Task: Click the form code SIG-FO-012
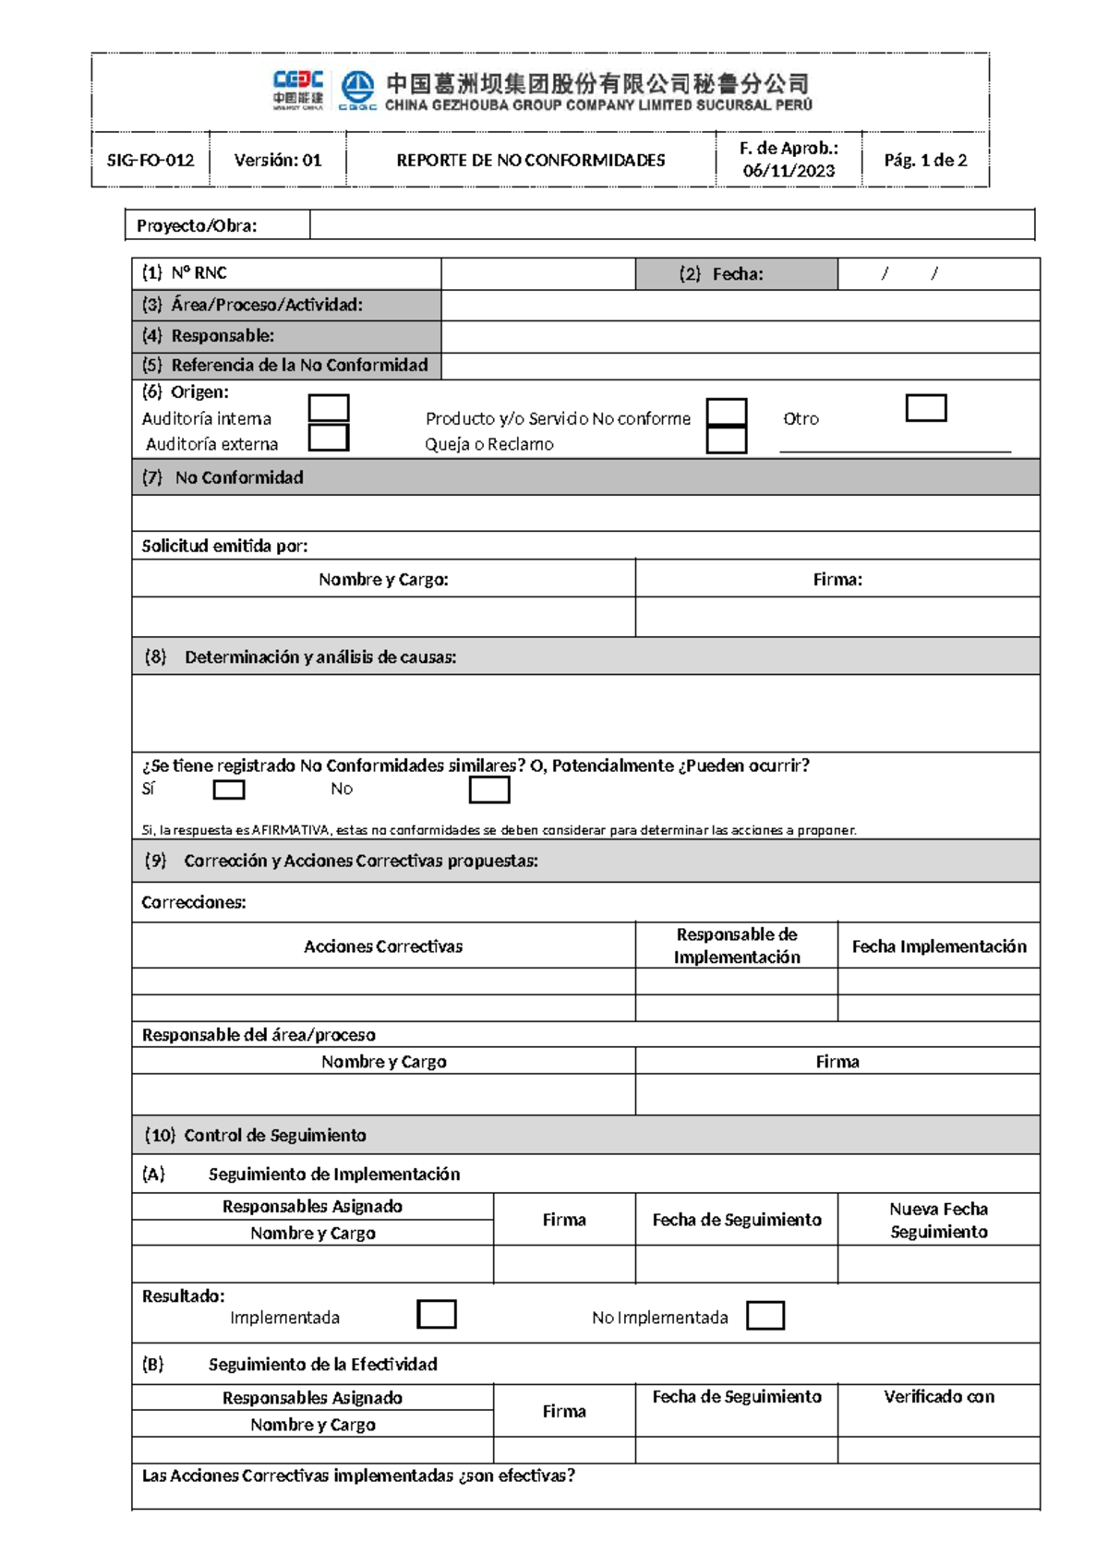pyautogui.click(x=151, y=160)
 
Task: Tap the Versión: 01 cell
pyautogui.click(x=278, y=160)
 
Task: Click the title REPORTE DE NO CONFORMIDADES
pyautogui.click(x=531, y=160)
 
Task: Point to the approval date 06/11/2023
pyautogui.click(x=789, y=171)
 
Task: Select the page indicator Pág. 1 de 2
pyautogui.click(x=925, y=160)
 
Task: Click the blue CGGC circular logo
pyautogui.click(x=357, y=89)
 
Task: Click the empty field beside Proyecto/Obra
pyautogui.click(x=671, y=224)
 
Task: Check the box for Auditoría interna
pyautogui.click(x=329, y=407)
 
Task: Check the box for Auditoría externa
pyautogui.click(x=329, y=437)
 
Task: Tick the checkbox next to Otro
pyautogui.click(x=926, y=407)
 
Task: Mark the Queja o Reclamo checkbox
pyautogui.click(x=727, y=440)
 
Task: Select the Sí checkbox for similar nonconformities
pyautogui.click(x=229, y=789)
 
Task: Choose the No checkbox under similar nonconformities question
pyautogui.click(x=489, y=789)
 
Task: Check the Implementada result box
pyautogui.click(x=437, y=1314)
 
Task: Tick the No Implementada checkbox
pyautogui.click(x=765, y=1315)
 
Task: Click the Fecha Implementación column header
pyautogui.click(x=939, y=946)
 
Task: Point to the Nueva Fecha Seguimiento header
pyautogui.click(x=939, y=1220)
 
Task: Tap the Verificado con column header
pyautogui.click(x=939, y=1397)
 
